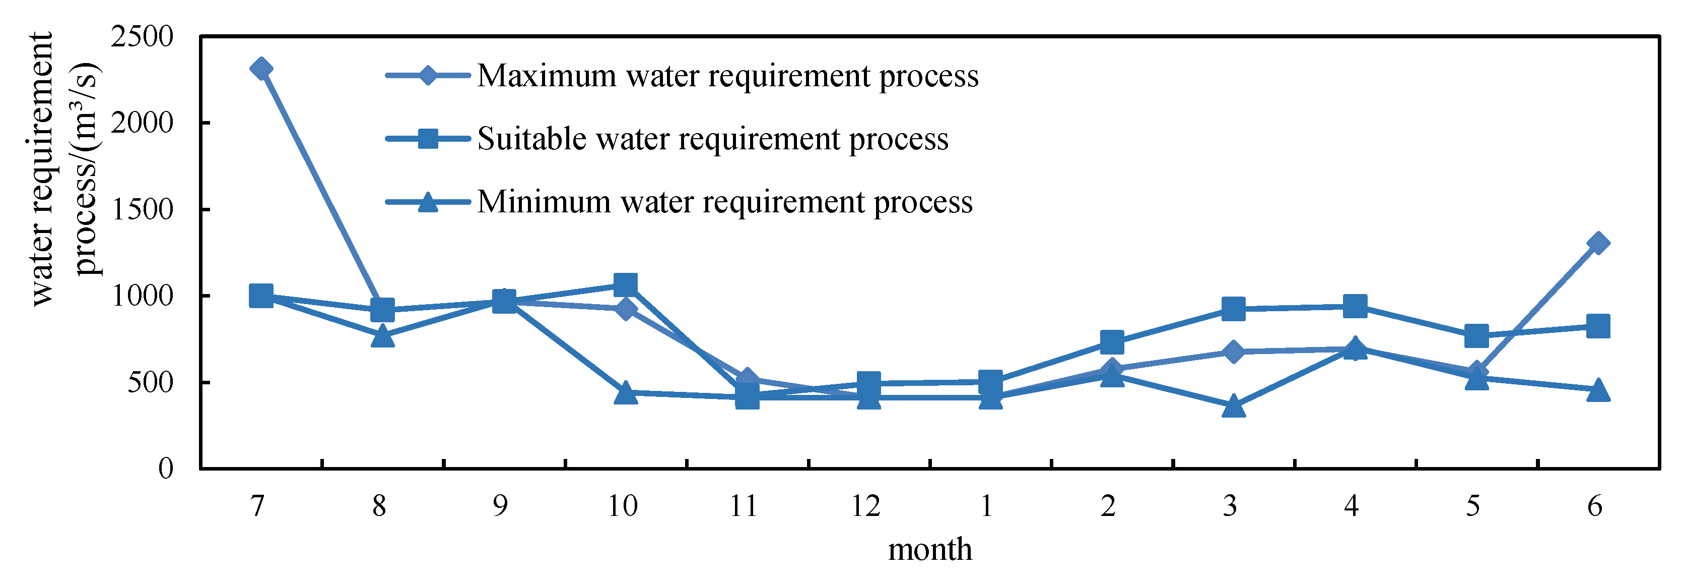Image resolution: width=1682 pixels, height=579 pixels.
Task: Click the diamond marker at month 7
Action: [260, 69]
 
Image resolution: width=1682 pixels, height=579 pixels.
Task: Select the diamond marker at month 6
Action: [1597, 243]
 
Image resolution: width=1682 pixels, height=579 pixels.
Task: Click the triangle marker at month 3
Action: [1233, 407]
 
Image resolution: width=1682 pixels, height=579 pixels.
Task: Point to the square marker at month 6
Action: [1597, 325]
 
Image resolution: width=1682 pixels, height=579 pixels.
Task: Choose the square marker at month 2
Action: [1111, 341]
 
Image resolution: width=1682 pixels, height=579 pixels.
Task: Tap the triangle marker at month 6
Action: [1597, 391]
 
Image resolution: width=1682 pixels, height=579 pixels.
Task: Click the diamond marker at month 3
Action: [1233, 352]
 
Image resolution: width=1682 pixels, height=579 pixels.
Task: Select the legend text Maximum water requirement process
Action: [727, 76]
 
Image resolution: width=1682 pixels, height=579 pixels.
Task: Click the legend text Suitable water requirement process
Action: [712, 139]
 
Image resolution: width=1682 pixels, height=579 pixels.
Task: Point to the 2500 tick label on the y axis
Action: [143, 37]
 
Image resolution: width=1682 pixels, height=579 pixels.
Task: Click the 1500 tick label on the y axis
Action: [143, 210]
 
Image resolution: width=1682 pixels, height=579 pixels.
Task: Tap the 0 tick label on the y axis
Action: [166, 468]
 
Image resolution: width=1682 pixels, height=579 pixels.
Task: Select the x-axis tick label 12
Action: [865, 506]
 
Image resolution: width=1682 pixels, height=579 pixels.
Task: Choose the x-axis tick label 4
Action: [1351, 506]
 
